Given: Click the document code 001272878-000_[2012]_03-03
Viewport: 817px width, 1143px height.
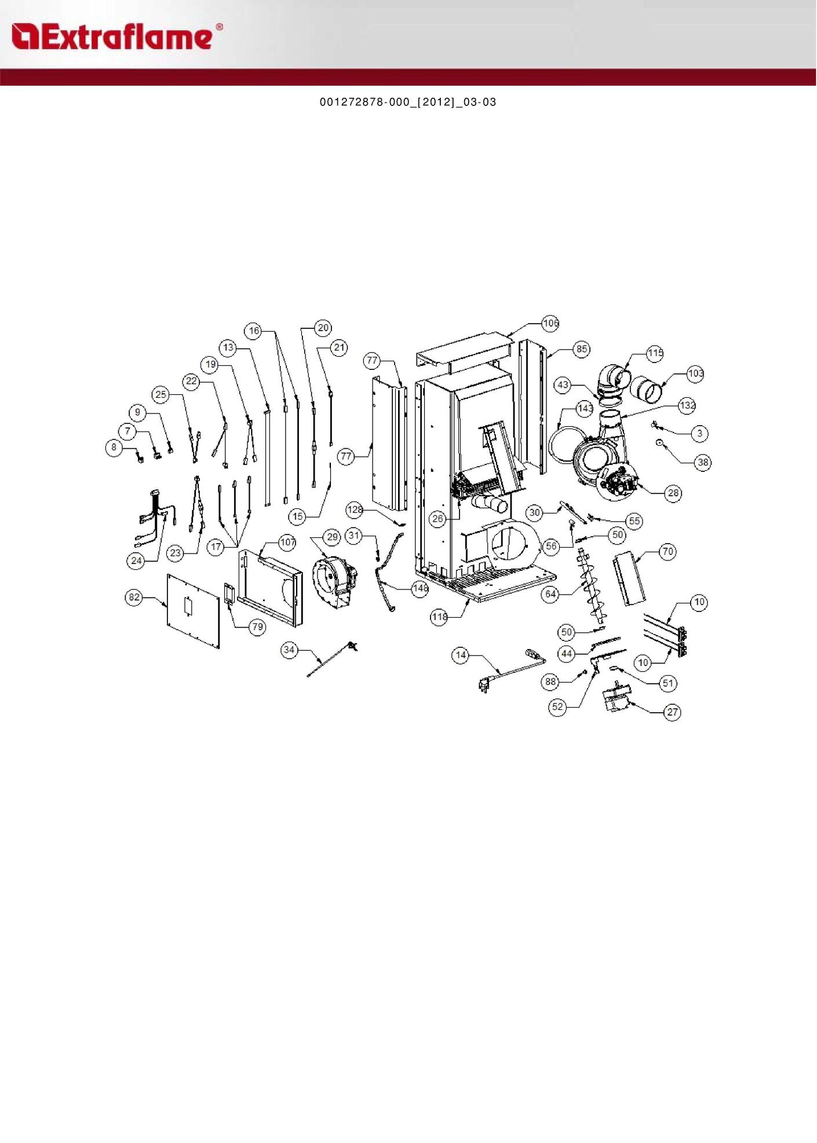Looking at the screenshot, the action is [x=408, y=102].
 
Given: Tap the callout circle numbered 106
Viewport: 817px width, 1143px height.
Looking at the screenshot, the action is [x=550, y=323].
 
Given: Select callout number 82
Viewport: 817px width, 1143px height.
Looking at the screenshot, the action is [x=134, y=598].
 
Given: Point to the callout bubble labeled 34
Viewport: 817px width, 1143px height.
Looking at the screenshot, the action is [x=289, y=650].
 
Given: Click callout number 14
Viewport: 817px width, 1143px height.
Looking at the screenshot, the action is [x=461, y=655].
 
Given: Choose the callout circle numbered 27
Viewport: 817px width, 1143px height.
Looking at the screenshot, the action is [x=672, y=712].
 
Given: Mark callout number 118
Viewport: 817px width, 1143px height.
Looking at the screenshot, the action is [x=439, y=617].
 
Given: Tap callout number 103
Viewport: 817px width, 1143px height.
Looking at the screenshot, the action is [x=695, y=373].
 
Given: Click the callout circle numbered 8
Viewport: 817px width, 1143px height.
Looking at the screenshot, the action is [x=114, y=447].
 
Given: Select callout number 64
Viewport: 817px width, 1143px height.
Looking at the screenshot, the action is [x=551, y=594].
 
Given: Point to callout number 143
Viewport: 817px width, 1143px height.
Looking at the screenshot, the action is [x=585, y=408].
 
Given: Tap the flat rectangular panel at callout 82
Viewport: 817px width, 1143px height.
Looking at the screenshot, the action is [x=194, y=611].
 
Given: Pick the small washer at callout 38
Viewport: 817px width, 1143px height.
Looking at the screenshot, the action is [x=659, y=443].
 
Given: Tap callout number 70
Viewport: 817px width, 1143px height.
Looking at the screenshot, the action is [x=668, y=552].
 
